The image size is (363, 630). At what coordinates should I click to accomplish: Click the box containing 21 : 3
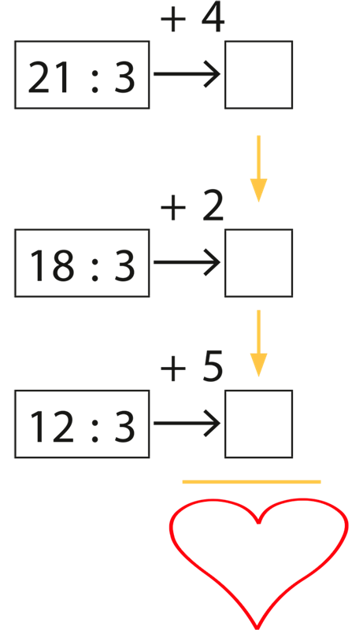[x=82, y=75]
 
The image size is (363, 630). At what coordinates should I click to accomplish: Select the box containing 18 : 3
[x=82, y=263]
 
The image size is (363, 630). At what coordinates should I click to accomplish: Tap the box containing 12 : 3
[x=82, y=424]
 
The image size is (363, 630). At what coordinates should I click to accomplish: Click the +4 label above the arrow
[x=192, y=19]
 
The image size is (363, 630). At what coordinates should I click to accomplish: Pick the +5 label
[x=191, y=368]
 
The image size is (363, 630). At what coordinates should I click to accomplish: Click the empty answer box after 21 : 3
[x=258, y=75]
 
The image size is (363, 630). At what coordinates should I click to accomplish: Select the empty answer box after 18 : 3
[x=258, y=263]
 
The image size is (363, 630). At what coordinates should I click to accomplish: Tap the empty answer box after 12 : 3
[x=258, y=424]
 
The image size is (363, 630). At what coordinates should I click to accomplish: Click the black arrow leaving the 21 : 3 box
[x=187, y=74]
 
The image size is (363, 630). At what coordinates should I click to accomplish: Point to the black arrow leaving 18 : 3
[x=187, y=262]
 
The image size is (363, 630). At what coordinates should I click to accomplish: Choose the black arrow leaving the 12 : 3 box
[x=187, y=423]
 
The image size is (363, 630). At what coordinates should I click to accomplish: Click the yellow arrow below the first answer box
[x=258, y=169]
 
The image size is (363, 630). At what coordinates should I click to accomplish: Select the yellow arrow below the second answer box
[x=258, y=343]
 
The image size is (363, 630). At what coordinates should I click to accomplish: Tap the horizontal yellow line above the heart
[x=251, y=482]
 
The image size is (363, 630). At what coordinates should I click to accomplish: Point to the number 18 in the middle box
[x=52, y=265]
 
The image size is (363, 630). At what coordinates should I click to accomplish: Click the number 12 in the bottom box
[x=52, y=427]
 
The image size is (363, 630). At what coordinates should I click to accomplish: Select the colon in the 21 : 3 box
[x=94, y=80]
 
